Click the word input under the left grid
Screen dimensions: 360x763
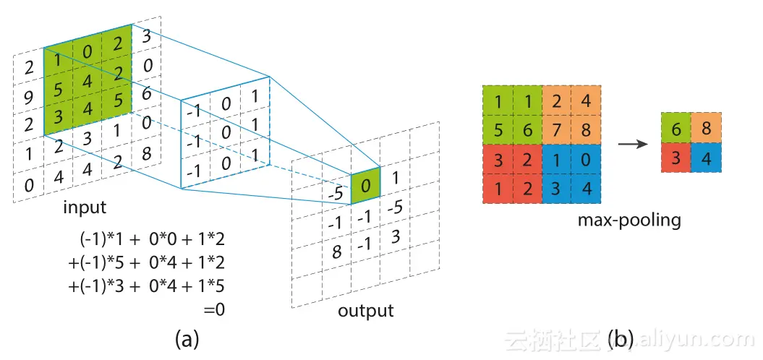point(85,207)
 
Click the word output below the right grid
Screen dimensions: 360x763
point(366,311)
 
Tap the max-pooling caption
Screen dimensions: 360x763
point(628,218)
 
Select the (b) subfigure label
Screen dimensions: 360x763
point(621,338)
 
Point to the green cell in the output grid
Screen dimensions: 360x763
point(367,187)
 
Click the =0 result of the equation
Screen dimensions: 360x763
point(214,309)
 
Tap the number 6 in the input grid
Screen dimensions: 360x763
point(148,93)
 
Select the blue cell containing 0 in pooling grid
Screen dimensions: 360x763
point(585,159)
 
